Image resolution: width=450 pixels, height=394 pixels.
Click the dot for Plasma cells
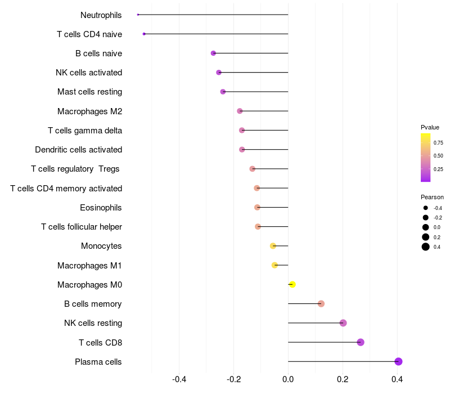pyautogui.click(x=398, y=361)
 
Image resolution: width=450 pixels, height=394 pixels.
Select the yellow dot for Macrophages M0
pyautogui.click(x=292, y=284)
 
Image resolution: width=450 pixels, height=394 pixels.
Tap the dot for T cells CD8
pyautogui.click(x=361, y=342)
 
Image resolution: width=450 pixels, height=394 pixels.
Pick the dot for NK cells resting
pyautogui.click(x=343, y=323)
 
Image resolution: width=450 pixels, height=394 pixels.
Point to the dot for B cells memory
pyautogui.click(x=321, y=304)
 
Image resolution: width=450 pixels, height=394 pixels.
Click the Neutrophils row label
pyautogui.click(x=101, y=15)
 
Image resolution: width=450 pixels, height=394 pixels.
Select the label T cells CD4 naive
pyautogui.click(x=89, y=34)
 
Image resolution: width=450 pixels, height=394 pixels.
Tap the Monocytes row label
pyautogui.click(x=101, y=246)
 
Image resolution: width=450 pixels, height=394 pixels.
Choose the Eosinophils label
pyautogui.click(x=101, y=208)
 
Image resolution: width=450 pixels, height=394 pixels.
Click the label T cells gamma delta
pyautogui.click(x=85, y=131)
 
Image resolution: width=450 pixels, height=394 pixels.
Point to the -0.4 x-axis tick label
pyautogui.click(x=179, y=380)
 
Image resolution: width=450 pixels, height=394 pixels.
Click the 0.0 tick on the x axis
pyautogui.click(x=288, y=380)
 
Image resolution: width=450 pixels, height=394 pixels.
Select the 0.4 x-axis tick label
pyautogui.click(x=397, y=380)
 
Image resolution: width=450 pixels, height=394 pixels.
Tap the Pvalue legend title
pyautogui.click(x=430, y=127)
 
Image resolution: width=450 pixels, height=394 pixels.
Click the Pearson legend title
pyautogui.click(x=432, y=197)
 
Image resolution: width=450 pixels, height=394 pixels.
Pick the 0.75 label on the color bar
pyautogui.click(x=438, y=143)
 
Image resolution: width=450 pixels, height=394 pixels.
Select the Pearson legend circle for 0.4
pyautogui.click(x=426, y=247)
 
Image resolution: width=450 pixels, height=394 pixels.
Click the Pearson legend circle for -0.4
pyautogui.click(x=426, y=208)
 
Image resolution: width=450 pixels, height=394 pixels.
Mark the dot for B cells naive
pyautogui.click(x=213, y=53)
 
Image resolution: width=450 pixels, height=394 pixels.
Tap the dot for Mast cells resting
pyautogui.click(x=223, y=92)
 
